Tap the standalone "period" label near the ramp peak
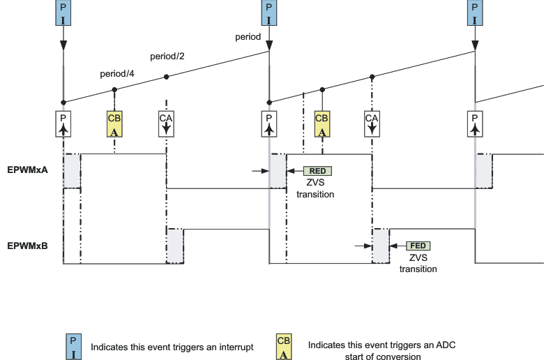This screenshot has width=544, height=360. click(248, 36)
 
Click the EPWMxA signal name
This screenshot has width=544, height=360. click(27, 170)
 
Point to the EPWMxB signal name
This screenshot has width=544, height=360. click(27, 246)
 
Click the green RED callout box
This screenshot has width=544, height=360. click(317, 170)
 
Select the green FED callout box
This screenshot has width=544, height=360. click(418, 246)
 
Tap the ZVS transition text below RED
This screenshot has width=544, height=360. click(315, 189)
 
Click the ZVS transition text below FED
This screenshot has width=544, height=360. click(418, 263)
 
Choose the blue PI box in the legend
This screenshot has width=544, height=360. click(73, 347)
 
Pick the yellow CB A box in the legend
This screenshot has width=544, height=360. click(284, 347)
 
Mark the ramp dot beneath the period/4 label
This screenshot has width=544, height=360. click(115, 89)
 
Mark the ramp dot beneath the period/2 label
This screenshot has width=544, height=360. click(166, 77)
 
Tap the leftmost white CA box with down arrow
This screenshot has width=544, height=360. click(166, 123)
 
